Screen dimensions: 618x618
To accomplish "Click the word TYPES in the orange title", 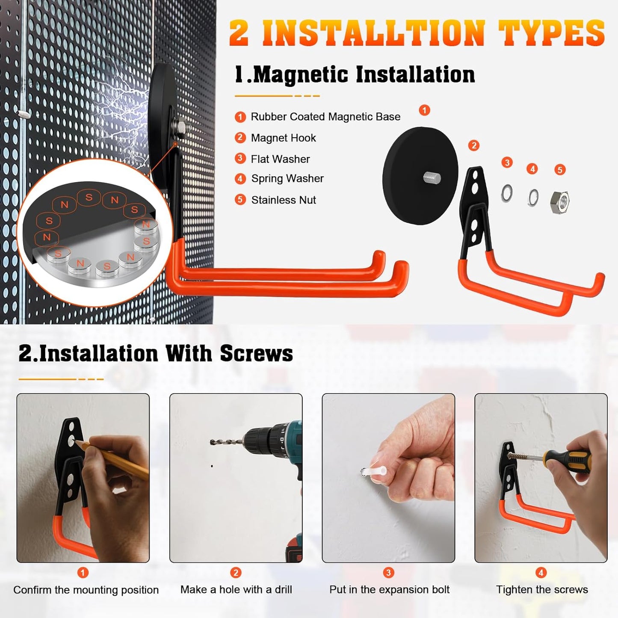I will tap(552, 33).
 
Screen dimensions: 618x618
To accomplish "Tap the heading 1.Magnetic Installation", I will tap(355, 74).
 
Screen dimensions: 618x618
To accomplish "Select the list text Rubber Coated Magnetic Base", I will tap(325, 117).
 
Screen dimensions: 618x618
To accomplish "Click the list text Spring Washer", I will tap(287, 178).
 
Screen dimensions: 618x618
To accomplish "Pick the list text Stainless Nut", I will tap(283, 200).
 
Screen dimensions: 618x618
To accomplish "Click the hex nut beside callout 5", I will tap(559, 202).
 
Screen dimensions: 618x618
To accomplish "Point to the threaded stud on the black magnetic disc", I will tap(432, 177).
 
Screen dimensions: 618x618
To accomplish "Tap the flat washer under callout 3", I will tap(507, 193).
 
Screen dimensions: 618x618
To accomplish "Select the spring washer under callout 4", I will tap(533, 198).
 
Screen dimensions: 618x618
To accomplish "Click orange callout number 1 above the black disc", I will tap(424, 110).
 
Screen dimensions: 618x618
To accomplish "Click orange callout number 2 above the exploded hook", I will tap(473, 145).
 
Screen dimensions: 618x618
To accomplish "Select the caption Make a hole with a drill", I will tap(236, 589).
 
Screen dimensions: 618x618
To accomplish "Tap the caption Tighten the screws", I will tap(542, 589).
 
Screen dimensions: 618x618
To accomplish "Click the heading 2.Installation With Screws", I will tap(156, 354).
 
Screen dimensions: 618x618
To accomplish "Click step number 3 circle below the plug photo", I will tap(388, 573).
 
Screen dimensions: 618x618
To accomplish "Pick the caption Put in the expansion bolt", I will tap(389, 589).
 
